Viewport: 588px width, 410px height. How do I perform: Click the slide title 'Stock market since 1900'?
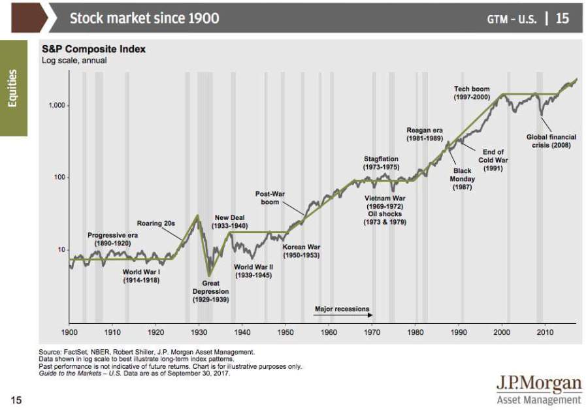click(144, 18)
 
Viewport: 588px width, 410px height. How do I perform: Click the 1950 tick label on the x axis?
click(286, 332)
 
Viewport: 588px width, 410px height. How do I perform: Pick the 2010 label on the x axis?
click(544, 332)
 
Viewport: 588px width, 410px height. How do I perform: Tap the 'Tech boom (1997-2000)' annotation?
click(471, 93)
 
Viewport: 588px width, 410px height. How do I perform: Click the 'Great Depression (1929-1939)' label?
click(210, 291)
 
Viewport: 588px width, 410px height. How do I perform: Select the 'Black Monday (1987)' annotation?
click(462, 179)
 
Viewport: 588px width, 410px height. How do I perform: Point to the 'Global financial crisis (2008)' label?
click(551, 141)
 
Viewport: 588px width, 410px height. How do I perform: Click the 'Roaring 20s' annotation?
click(155, 223)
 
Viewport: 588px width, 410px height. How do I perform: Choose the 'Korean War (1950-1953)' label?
click(301, 251)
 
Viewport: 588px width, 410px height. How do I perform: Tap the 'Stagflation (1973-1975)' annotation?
click(381, 163)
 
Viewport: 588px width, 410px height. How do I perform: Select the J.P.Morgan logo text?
click(538, 383)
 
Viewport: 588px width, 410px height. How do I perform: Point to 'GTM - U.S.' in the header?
click(512, 19)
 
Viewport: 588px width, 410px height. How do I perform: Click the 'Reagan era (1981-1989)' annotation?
click(425, 134)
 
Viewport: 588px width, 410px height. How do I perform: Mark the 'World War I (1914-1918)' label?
click(141, 276)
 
